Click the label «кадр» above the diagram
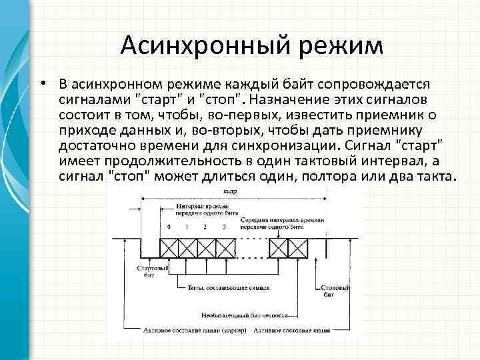[x=231, y=191]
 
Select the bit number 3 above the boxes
[x=224, y=227]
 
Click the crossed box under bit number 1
[x=188, y=247]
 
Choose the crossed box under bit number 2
[x=206, y=247]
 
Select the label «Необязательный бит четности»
[x=246, y=314]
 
